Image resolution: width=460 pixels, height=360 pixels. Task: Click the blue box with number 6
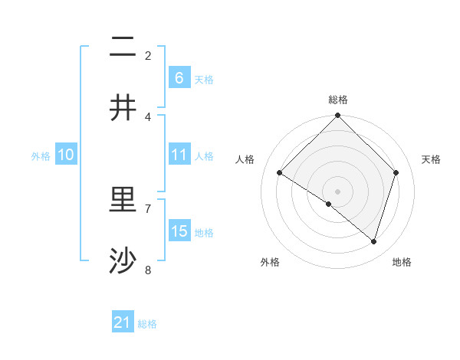click(179, 77)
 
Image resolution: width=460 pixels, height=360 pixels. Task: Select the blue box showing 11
click(179, 155)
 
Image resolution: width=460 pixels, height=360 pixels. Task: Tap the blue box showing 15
click(179, 231)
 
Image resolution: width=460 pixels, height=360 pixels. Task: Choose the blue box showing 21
click(123, 322)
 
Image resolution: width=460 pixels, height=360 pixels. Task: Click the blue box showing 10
click(66, 155)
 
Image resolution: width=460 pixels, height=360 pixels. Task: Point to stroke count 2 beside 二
click(149, 55)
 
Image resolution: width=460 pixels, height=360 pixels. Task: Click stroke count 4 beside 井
click(149, 117)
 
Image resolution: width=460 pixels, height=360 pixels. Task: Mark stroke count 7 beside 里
click(149, 208)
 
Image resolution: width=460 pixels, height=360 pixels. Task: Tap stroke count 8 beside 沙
click(149, 270)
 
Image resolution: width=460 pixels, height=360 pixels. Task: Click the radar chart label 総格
click(337, 100)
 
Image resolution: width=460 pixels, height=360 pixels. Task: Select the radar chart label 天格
click(431, 159)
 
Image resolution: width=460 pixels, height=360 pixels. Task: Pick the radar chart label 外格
click(270, 262)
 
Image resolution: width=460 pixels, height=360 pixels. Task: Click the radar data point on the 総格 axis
click(337, 116)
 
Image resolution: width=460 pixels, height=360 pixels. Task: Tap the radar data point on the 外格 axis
click(329, 204)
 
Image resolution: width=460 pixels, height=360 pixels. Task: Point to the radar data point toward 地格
click(374, 241)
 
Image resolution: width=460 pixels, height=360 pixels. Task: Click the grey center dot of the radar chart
click(337, 191)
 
